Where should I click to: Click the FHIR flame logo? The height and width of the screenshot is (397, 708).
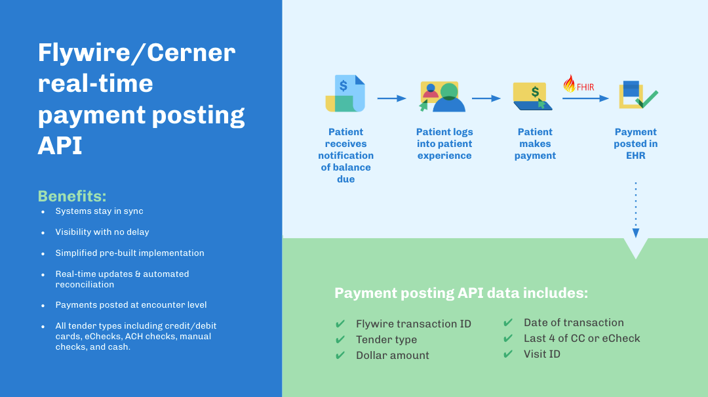tap(569, 84)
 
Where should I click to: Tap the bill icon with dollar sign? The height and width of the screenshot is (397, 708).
tap(345, 94)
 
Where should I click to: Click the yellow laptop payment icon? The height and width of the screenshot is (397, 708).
tap(532, 96)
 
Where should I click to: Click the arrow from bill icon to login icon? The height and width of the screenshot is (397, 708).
tap(392, 98)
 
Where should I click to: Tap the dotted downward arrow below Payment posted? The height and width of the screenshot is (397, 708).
tap(635, 210)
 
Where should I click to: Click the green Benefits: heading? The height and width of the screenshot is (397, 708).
tap(72, 196)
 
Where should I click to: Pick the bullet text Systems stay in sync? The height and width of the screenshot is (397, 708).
tap(99, 211)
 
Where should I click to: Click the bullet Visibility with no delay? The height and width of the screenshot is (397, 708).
tap(102, 232)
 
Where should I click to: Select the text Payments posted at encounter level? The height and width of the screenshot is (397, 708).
tap(131, 305)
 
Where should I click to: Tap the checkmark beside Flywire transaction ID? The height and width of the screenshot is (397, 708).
tap(340, 324)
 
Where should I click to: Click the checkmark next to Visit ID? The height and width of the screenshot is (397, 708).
tap(508, 354)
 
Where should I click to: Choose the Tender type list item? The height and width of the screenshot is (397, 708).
tap(386, 340)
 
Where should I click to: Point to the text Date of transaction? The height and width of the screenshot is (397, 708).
tap(574, 323)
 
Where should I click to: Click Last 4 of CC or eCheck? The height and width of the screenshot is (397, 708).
tap(581, 339)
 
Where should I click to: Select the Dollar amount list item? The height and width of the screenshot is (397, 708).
tap(392, 356)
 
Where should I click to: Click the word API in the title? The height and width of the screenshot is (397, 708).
tap(60, 146)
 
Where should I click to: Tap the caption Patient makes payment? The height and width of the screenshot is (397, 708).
tap(535, 144)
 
